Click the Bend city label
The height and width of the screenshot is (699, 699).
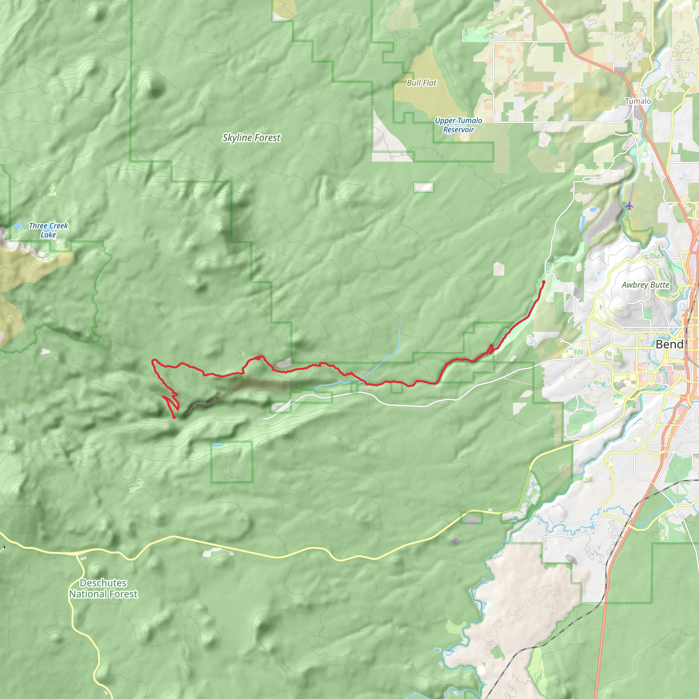pos(669,344)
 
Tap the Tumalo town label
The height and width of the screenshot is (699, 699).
pos(638,101)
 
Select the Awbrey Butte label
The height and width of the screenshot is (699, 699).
pos(645,285)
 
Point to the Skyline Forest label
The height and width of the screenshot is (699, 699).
pos(251,138)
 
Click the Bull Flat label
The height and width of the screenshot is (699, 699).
pos(422,83)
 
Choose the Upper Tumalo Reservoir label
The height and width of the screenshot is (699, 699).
pos(458,125)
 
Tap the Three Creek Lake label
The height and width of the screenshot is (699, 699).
pos(48,230)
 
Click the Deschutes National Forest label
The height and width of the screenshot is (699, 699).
pos(103,588)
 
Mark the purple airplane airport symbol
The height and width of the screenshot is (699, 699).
pos(629,206)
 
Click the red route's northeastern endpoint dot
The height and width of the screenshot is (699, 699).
pos(543,282)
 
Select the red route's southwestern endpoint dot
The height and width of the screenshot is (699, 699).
pos(174,417)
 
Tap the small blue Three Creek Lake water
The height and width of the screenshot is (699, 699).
pos(17,226)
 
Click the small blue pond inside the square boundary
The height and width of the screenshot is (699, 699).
pos(217,444)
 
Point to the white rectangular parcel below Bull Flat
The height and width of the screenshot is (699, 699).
pos(423,187)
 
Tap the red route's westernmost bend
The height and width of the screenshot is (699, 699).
pos(153,361)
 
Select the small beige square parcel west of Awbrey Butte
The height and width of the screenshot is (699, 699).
pos(499,269)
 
